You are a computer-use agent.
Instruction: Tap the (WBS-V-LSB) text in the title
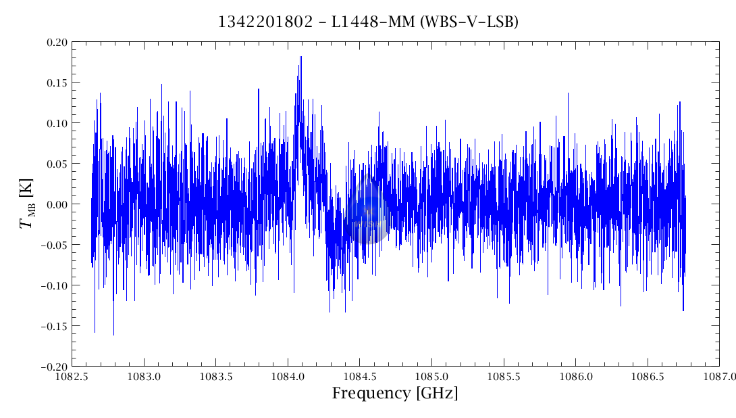click(469, 22)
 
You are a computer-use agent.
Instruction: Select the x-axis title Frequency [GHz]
click(394, 394)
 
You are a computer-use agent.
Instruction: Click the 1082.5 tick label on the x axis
click(72, 375)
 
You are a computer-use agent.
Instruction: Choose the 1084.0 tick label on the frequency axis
click(288, 375)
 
